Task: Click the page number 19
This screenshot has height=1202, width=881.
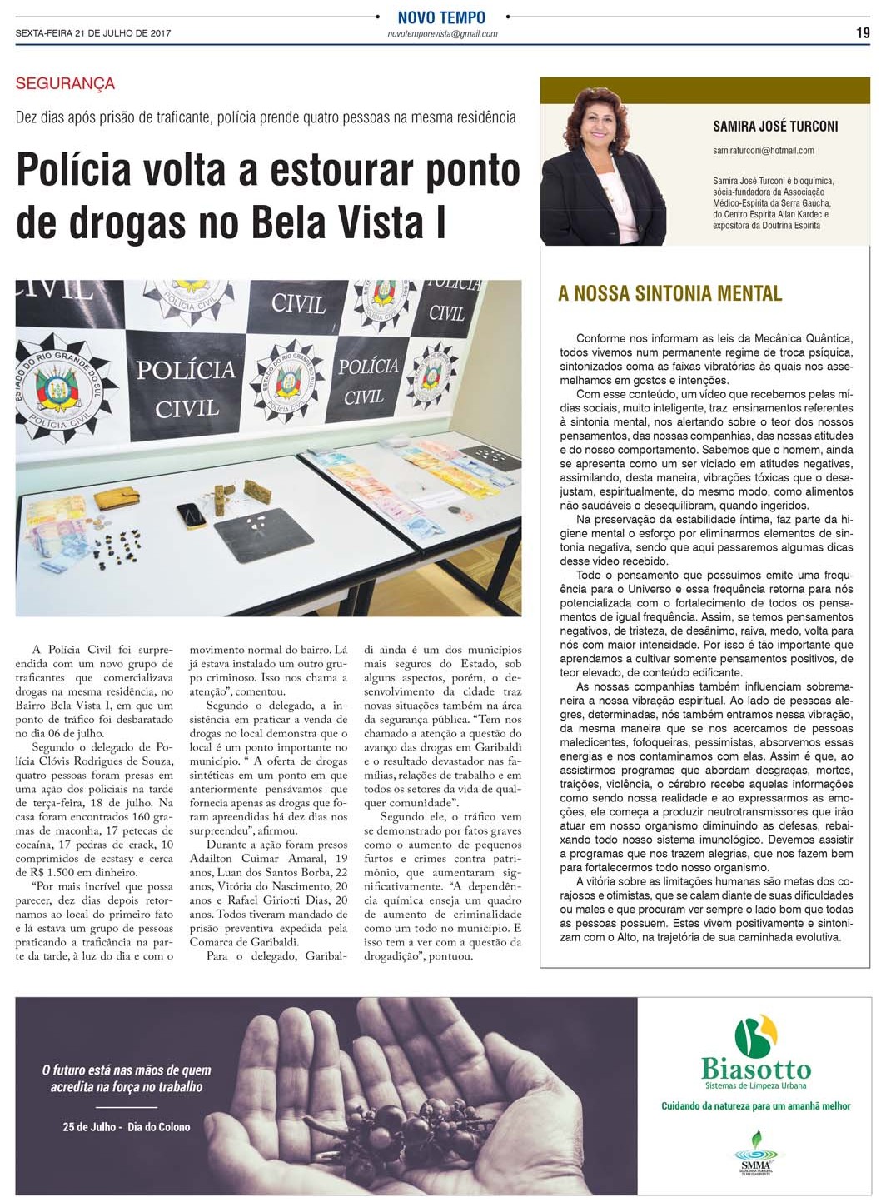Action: [x=862, y=32]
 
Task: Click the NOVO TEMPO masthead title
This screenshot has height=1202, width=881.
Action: [x=441, y=17]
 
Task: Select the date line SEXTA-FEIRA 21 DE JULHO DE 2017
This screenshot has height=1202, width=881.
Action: [x=93, y=33]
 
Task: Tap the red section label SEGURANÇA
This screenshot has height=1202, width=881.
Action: [x=65, y=83]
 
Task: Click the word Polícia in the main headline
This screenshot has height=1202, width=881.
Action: [x=74, y=171]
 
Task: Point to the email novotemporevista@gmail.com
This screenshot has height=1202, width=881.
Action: [x=442, y=34]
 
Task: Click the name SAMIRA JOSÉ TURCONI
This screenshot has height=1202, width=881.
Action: [x=775, y=127]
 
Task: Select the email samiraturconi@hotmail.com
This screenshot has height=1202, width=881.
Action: [x=763, y=151]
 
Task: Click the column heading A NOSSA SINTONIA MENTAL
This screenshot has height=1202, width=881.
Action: [x=669, y=293]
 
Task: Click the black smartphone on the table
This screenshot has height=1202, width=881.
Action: [x=192, y=516]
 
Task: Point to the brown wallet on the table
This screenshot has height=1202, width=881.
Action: [x=117, y=499]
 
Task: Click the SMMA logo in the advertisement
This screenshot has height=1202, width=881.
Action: [x=754, y=1153]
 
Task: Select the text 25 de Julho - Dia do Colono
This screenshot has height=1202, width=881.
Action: [x=127, y=1127]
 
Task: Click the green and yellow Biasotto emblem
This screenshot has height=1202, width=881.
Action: [x=756, y=1035]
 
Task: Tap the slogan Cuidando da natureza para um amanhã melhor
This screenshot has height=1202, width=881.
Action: [x=755, y=1106]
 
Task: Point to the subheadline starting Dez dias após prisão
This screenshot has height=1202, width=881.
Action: [x=266, y=117]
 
